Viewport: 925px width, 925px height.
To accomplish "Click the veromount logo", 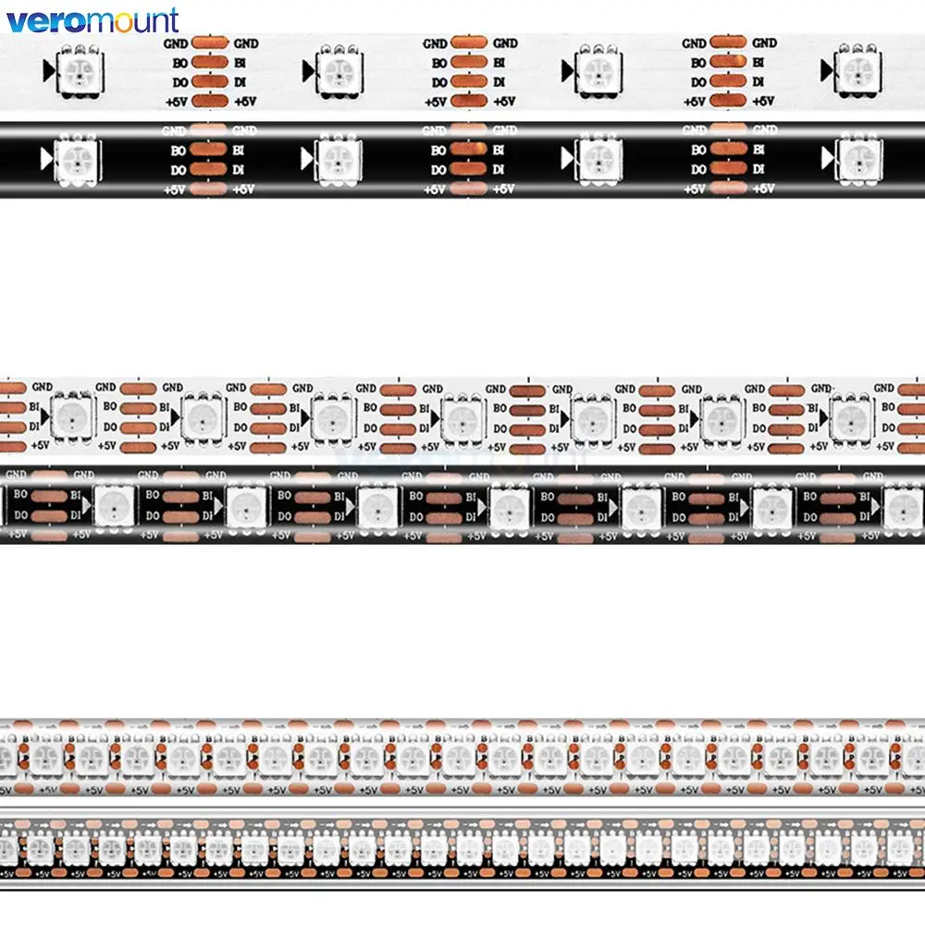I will click(93, 19).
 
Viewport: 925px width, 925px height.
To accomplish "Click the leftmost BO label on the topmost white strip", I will click(179, 63).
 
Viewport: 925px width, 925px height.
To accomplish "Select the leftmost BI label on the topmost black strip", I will click(240, 150).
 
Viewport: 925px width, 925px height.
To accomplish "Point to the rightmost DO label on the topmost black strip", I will click(697, 169).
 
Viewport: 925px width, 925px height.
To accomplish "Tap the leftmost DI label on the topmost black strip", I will click(240, 169).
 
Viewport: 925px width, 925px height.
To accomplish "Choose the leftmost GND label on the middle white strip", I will click(42, 388).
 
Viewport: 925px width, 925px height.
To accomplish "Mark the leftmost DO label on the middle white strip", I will click(110, 426).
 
